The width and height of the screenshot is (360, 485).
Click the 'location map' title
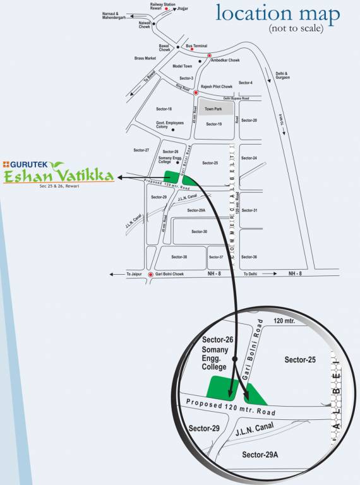click(278, 13)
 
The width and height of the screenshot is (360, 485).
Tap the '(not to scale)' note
click(295, 29)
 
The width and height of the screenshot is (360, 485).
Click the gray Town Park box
click(214, 109)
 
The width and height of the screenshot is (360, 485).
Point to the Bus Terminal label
click(196, 46)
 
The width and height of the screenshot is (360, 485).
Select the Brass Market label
click(145, 58)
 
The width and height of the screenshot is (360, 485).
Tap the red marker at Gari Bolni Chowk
click(150, 275)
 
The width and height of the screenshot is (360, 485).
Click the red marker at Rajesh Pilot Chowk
click(195, 93)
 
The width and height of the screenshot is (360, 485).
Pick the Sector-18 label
click(165, 109)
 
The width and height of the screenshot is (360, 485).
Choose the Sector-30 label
click(199, 232)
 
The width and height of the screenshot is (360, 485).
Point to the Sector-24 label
click(249, 158)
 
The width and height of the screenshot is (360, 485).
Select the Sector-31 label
click(249, 210)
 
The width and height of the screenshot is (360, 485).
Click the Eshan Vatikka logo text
click(58, 175)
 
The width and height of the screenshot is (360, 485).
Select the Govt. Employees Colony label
click(170, 126)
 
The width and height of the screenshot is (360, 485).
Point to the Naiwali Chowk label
click(145, 25)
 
